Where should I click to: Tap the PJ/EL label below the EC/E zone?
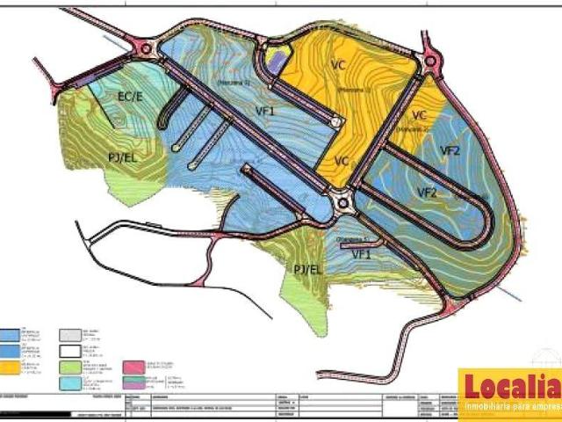(x=122, y=157)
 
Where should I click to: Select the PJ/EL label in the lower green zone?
(x=313, y=268)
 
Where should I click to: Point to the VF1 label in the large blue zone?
(x=265, y=111)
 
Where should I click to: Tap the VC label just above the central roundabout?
(x=342, y=161)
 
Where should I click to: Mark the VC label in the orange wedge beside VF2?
(x=419, y=115)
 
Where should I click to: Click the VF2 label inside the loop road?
(x=428, y=192)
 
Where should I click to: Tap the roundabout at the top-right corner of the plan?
(x=430, y=62)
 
